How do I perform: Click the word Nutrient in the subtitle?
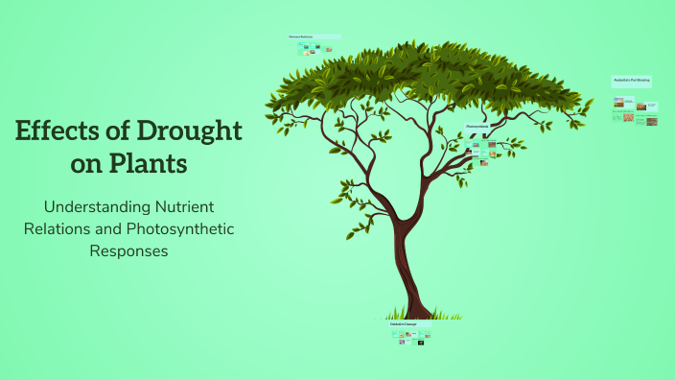(184, 207)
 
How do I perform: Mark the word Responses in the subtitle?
(128, 251)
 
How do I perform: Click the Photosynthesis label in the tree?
(478, 127)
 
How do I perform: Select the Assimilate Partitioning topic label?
(632, 82)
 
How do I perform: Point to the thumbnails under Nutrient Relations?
(314, 48)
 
